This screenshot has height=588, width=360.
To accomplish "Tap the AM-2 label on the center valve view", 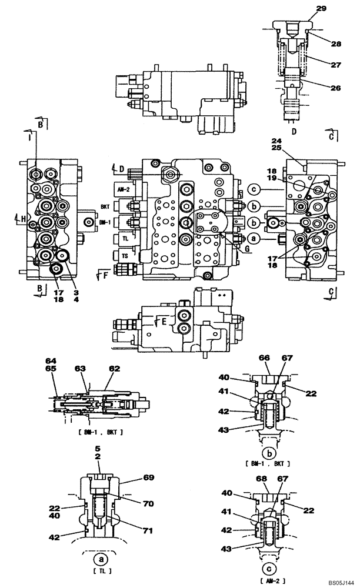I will pos(123,190).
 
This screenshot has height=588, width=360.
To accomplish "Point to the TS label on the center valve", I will pos(124,257).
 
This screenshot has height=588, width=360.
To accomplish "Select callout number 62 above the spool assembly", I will pos(114,369).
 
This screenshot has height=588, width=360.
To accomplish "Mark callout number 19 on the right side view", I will pos(289,177).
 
